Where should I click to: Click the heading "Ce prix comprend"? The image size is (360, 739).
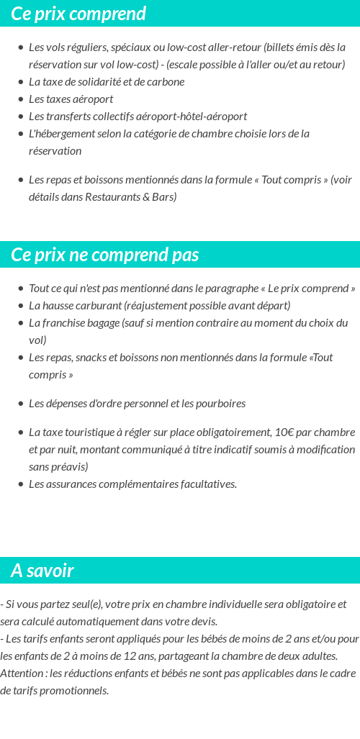point(78,14)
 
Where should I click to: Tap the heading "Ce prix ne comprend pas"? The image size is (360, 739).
point(105,255)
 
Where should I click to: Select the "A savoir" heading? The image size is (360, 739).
point(42,571)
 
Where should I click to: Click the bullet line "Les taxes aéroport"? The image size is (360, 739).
point(71,99)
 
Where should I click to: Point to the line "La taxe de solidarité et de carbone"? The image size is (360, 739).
point(107,82)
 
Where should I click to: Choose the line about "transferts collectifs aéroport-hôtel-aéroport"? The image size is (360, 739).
point(138,117)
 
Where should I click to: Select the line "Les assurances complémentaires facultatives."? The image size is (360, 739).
point(132,484)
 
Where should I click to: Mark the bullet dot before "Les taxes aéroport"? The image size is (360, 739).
point(21,99)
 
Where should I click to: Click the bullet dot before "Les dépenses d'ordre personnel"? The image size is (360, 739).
point(21,404)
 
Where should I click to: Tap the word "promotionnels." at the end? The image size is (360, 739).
point(75,691)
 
